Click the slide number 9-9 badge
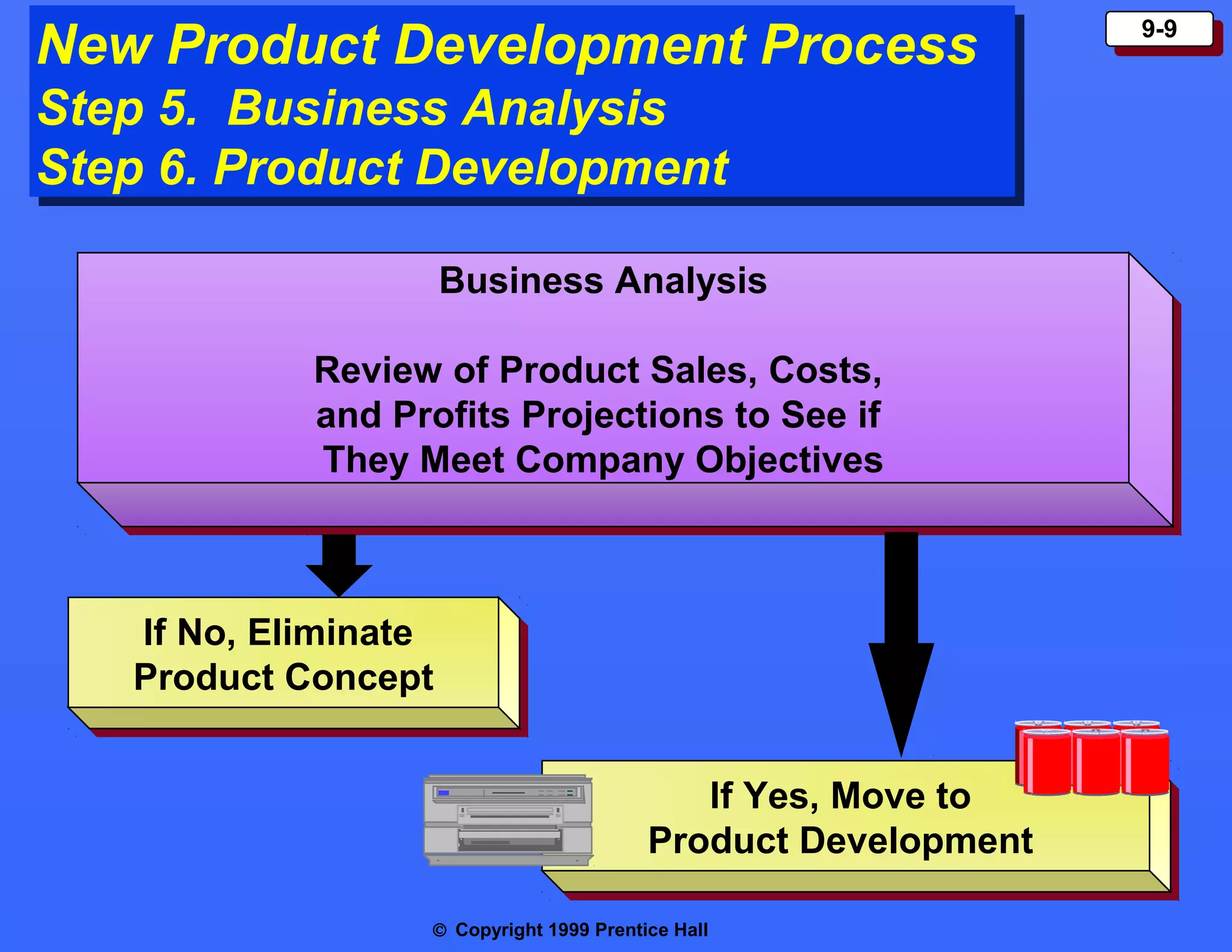tap(1159, 29)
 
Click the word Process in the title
tap(869, 45)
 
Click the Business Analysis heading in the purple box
tap(603, 281)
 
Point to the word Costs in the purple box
tap(825, 370)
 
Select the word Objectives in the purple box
tap(789, 460)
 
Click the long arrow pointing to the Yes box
tap(901, 644)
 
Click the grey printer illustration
tap(508, 820)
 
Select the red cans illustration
tap(1092, 758)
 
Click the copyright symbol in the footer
tap(440, 930)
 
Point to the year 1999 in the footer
tap(568, 930)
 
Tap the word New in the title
tap(94, 45)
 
